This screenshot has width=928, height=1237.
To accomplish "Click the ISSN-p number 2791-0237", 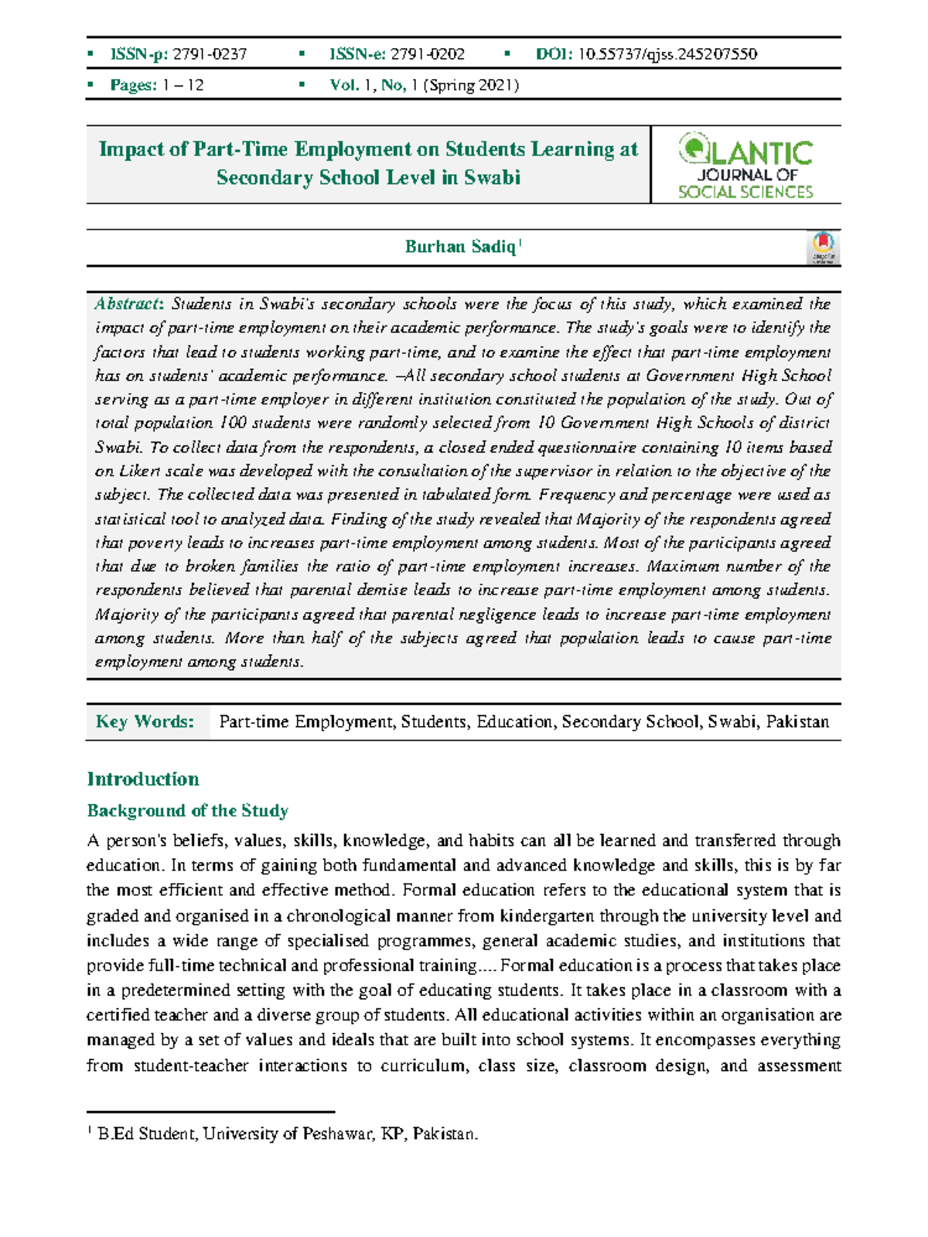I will tap(210, 54).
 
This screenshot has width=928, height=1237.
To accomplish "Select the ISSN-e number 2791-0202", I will tap(428, 54).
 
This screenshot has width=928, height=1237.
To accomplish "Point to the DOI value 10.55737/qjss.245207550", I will tap(667, 54).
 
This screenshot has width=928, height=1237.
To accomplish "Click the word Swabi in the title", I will tap(492, 178).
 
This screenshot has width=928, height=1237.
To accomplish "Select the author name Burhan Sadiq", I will tap(460, 247).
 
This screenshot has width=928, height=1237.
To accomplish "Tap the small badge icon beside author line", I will tap(824, 247).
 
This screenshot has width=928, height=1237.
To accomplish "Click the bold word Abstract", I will tap(128, 304).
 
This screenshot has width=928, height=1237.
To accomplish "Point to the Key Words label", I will tap(145, 721).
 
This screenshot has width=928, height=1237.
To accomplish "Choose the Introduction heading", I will tap(143, 779).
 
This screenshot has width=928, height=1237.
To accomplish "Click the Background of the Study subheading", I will tap(188, 810).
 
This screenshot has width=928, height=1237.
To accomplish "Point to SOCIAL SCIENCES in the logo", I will tap(745, 192).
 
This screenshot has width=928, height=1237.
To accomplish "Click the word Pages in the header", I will tap(133, 85).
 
